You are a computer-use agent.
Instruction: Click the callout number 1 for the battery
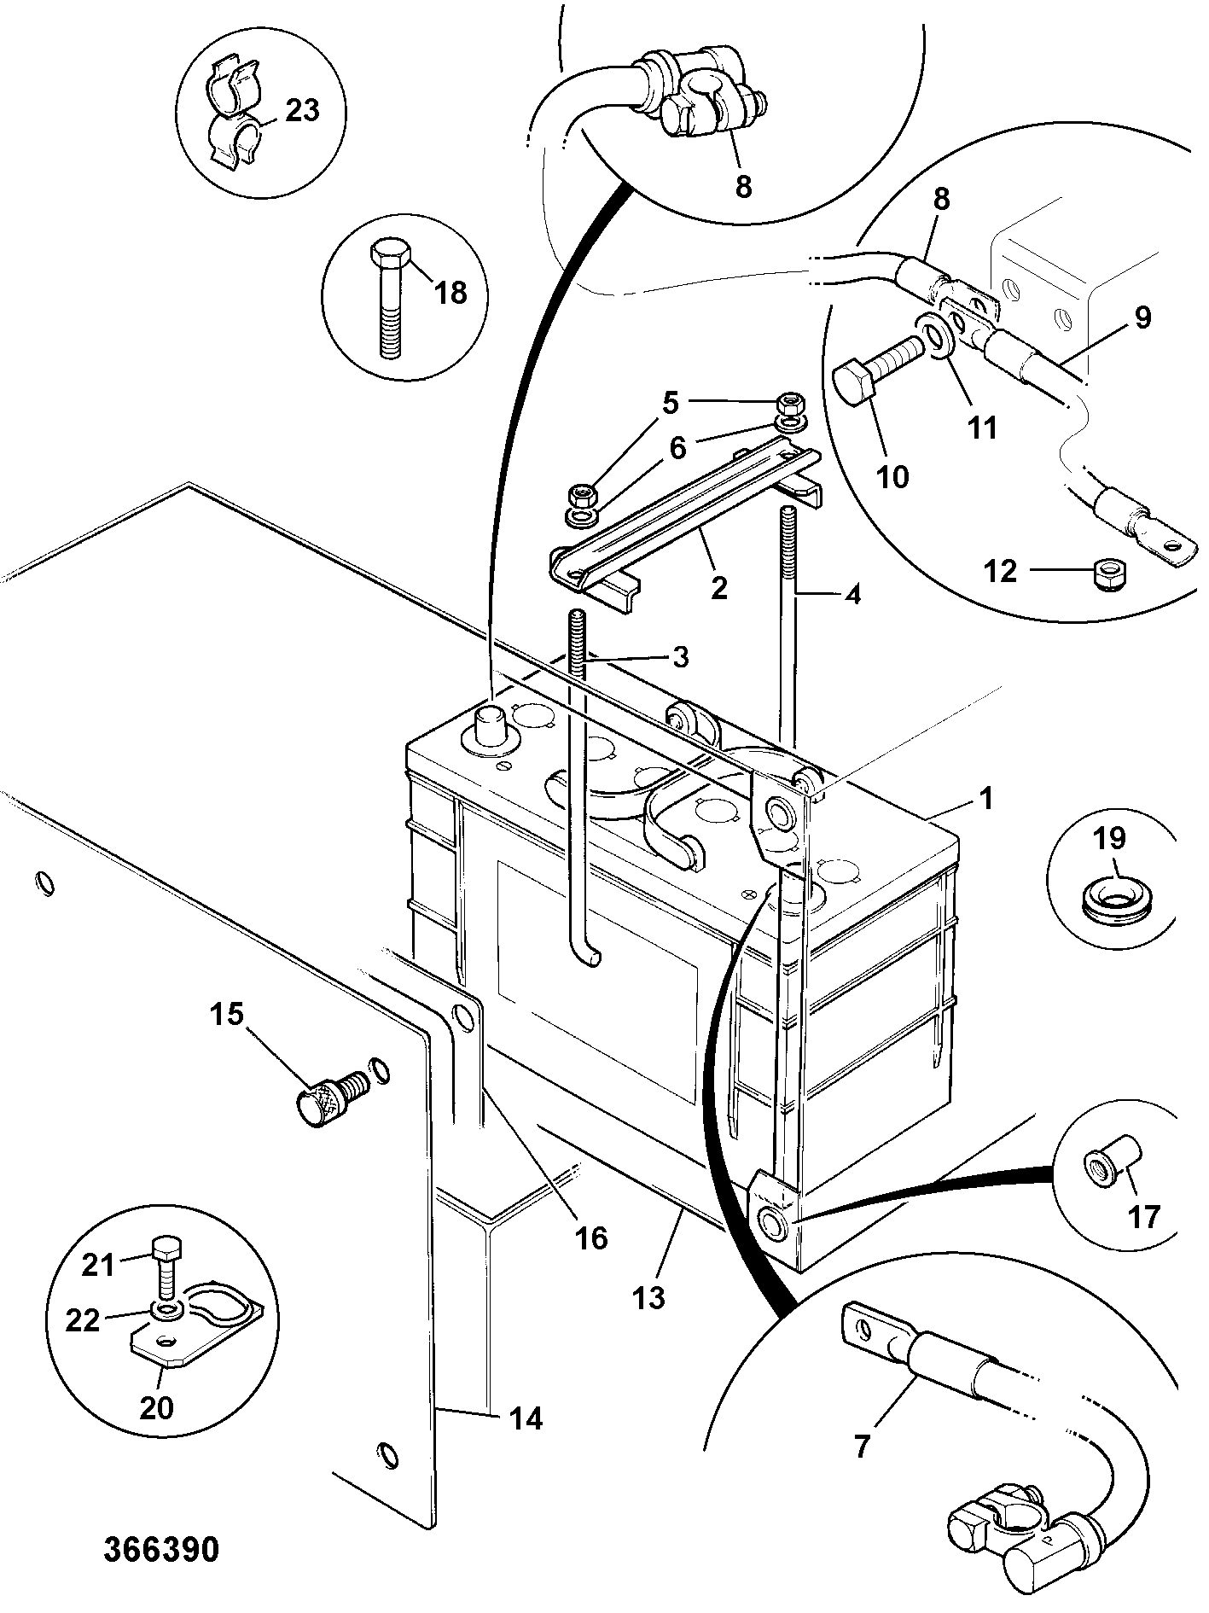(986, 800)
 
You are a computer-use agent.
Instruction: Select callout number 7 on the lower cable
(861, 1447)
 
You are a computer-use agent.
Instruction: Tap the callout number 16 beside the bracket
(591, 1237)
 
